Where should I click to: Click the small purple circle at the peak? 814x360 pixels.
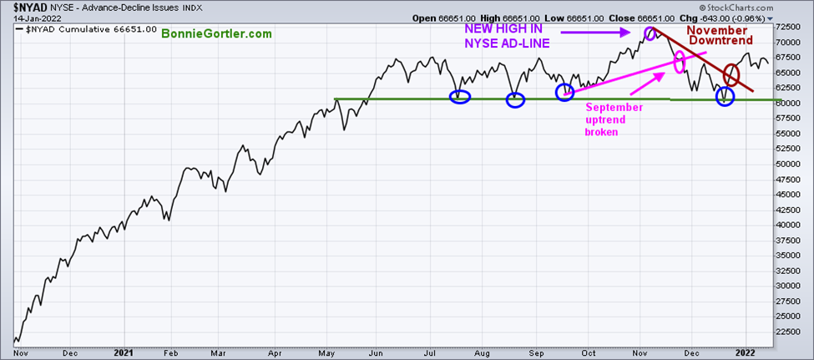coord(651,35)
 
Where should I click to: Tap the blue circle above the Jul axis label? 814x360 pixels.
coord(460,96)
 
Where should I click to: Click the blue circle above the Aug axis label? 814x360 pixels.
coord(515,101)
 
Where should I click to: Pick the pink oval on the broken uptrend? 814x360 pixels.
coord(680,61)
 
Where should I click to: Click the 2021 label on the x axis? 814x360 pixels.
coord(124,352)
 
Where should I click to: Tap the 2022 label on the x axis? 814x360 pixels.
coord(745,352)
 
